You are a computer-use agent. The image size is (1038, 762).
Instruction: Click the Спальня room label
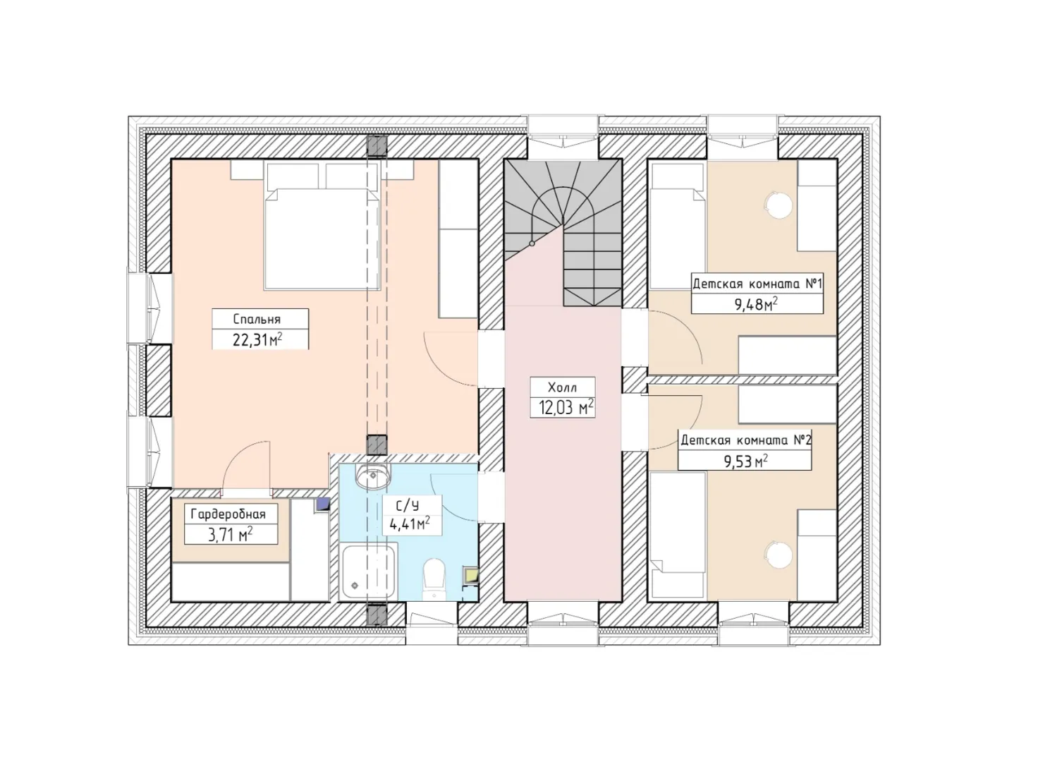pyautogui.click(x=257, y=319)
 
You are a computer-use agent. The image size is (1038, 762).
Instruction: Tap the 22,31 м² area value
pyautogui.click(x=257, y=340)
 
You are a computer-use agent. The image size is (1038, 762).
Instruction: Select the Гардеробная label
pyautogui.click(x=228, y=514)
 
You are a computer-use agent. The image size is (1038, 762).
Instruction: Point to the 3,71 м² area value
pyautogui.click(x=231, y=535)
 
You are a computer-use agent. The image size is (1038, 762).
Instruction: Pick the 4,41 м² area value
pyautogui.click(x=410, y=524)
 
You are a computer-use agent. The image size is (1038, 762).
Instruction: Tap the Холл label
pyautogui.click(x=562, y=387)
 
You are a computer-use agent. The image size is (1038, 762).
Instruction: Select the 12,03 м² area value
pyautogui.click(x=566, y=408)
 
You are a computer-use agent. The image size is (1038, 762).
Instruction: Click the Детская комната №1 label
pyautogui.click(x=757, y=284)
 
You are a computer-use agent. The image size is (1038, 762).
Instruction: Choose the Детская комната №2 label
pyautogui.click(x=745, y=440)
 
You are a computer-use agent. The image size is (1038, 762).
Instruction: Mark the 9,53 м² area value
pyautogui.click(x=746, y=461)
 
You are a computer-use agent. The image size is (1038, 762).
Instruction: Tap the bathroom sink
pyautogui.click(x=373, y=475)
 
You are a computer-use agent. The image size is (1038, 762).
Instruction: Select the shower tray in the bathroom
pyautogui.click(x=368, y=571)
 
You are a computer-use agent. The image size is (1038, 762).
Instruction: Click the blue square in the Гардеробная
pyautogui.click(x=322, y=504)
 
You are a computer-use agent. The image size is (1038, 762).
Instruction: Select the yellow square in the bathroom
pyautogui.click(x=471, y=576)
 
